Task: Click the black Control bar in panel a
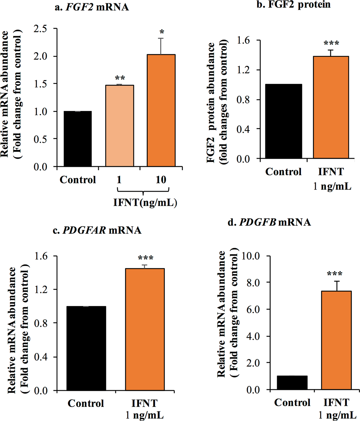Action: [x=78, y=139]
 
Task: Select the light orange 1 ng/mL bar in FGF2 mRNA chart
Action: [x=119, y=126]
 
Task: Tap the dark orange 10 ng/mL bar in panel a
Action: [x=161, y=110]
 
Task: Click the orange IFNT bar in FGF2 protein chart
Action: [x=331, y=108]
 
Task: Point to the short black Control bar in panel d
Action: [x=292, y=383]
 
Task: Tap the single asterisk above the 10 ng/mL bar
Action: [x=162, y=32]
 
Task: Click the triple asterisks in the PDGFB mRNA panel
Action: [x=335, y=274]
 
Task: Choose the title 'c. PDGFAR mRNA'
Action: [x=97, y=230]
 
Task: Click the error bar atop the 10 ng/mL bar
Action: [x=161, y=46]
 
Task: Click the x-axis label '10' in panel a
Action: [x=161, y=180]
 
